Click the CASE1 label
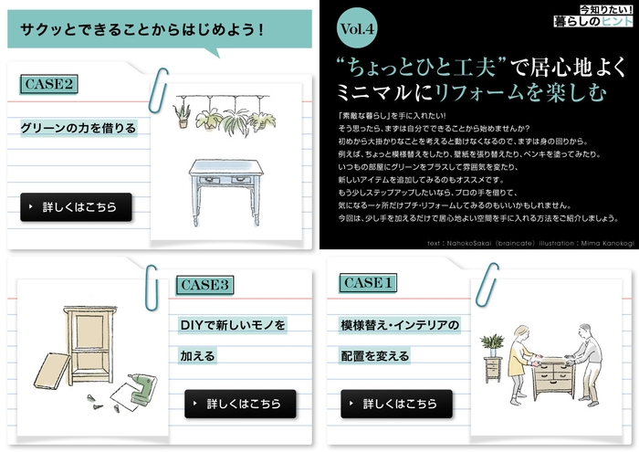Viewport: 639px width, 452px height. click(x=369, y=283)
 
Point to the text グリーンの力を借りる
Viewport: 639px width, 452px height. click(x=79, y=127)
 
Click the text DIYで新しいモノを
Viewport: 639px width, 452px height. click(x=233, y=324)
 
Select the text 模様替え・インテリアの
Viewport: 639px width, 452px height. click(x=400, y=324)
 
